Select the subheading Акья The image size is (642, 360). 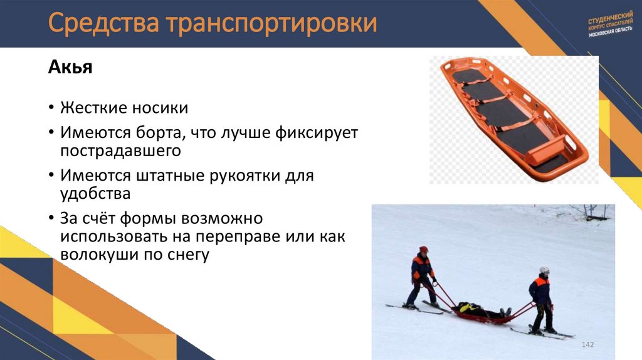click(x=70, y=67)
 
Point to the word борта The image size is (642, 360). click(x=159, y=134)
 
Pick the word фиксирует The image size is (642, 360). click(x=320, y=134)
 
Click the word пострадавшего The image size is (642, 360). click(x=120, y=151)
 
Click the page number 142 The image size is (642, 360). click(x=588, y=346)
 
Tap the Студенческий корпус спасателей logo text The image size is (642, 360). click(x=611, y=24)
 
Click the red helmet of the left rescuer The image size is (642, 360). click(x=424, y=249)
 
